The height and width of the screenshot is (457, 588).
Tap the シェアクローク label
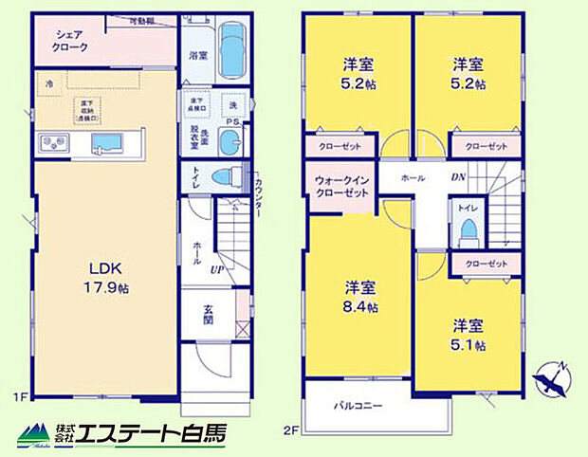(66, 41)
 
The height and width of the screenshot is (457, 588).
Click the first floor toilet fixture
(224, 176)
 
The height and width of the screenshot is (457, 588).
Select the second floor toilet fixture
(467, 230)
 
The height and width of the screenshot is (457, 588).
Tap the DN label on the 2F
(458, 176)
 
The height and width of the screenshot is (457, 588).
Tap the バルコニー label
(358, 405)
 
